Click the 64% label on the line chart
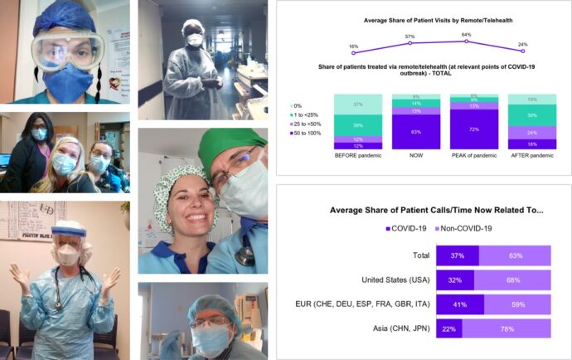(x=467, y=34)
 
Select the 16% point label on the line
(x=353, y=46)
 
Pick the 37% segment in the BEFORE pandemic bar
(x=356, y=105)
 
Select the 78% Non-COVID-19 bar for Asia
(x=506, y=329)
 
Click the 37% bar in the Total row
(x=457, y=256)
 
